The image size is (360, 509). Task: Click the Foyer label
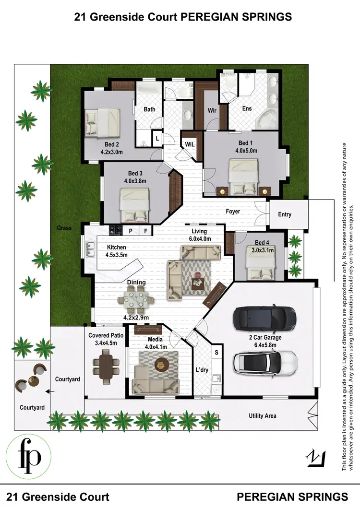pyautogui.click(x=233, y=212)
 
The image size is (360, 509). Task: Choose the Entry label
pyautogui.click(x=285, y=214)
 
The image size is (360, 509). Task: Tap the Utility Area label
pyautogui.click(x=262, y=416)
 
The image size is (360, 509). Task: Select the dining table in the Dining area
pyautogui.click(x=136, y=301)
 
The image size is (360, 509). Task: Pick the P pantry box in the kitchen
pyautogui.click(x=131, y=231)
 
